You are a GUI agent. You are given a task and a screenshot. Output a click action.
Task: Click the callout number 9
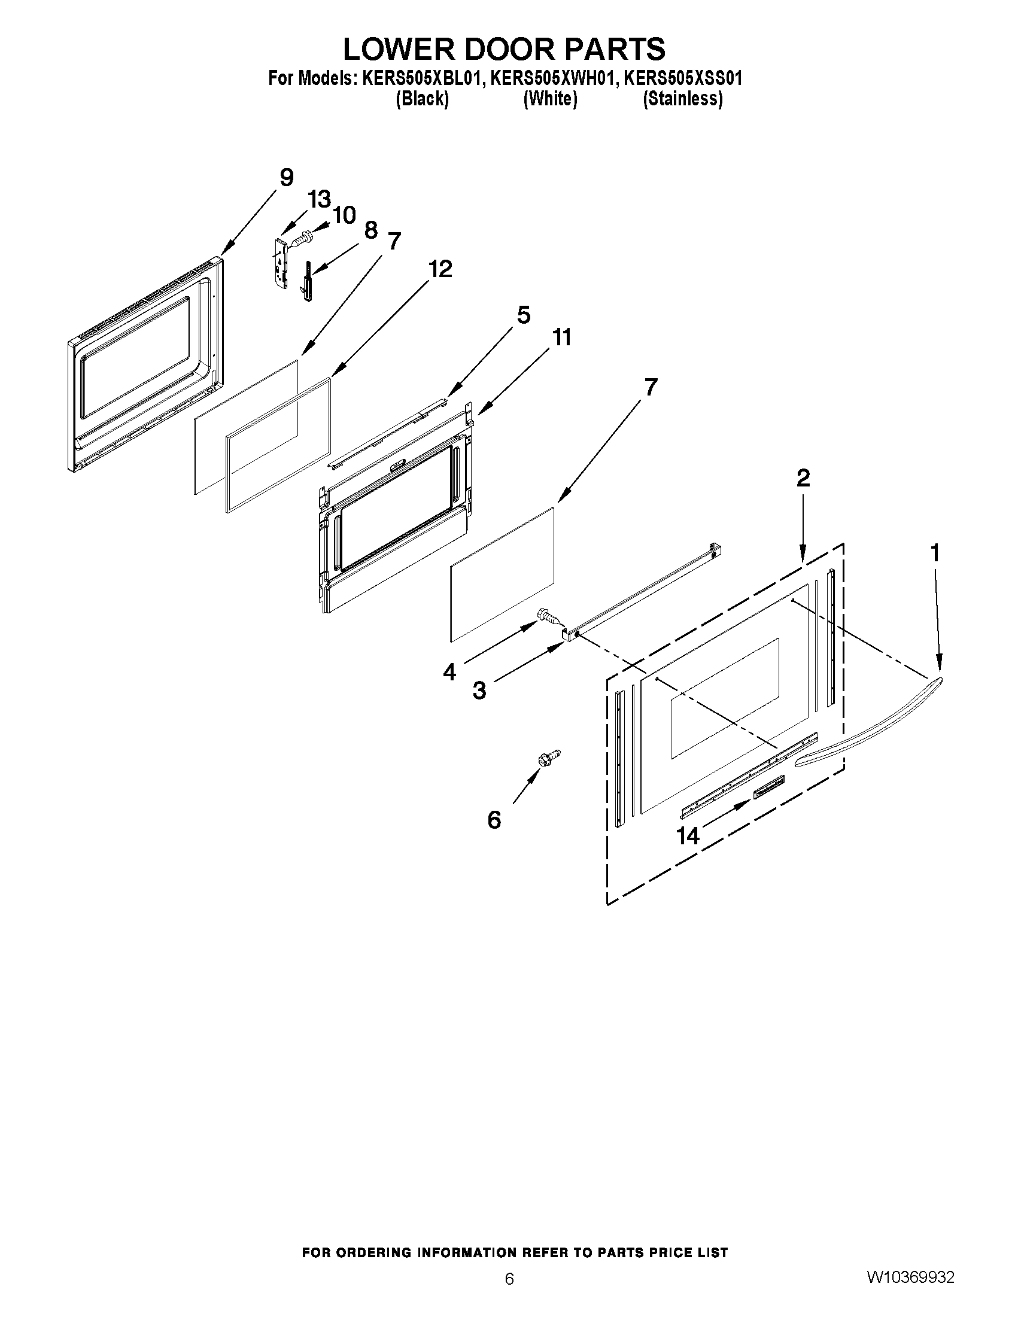click(287, 178)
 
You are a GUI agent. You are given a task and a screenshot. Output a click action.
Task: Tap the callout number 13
click(320, 199)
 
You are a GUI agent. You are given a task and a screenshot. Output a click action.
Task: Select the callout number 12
click(440, 269)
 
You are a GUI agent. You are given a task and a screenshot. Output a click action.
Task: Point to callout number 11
click(562, 337)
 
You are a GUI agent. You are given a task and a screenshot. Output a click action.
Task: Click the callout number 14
click(688, 836)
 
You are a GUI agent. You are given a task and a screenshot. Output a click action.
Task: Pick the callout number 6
click(494, 820)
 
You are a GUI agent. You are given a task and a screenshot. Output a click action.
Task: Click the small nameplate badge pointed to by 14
click(768, 787)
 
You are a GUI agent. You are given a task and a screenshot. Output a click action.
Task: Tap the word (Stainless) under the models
click(683, 99)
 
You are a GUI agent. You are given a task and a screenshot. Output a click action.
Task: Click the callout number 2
click(803, 478)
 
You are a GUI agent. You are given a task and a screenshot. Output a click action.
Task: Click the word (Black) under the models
click(422, 99)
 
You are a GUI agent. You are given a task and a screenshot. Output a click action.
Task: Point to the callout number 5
click(523, 315)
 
